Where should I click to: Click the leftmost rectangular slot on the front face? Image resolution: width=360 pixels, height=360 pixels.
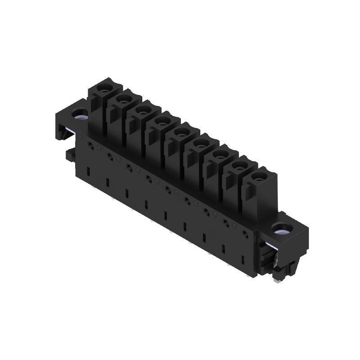[88, 171]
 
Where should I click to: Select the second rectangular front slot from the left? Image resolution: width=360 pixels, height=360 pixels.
[108, 182]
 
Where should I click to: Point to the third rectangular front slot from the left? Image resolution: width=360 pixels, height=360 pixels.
[127, 193]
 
